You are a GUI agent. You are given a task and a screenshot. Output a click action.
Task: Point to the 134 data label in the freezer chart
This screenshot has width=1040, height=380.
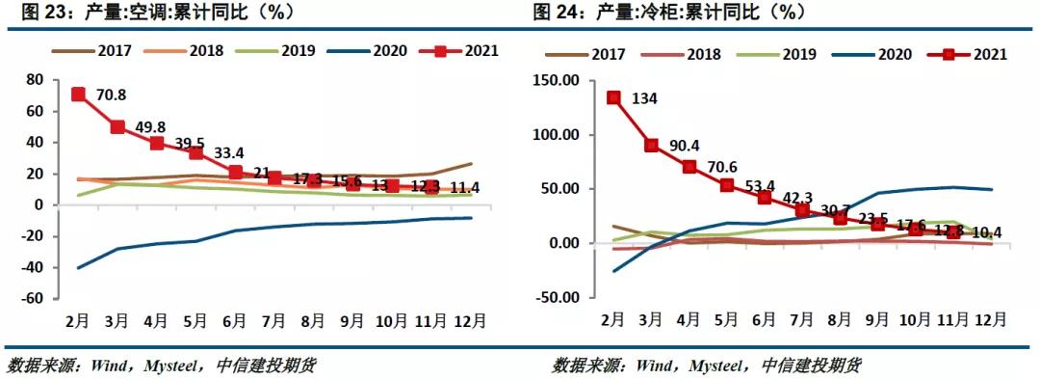pos(644,98)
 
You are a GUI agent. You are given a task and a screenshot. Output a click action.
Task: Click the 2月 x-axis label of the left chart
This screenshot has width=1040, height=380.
pos(78,319)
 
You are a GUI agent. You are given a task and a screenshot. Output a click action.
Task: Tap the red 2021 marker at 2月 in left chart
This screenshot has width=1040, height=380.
pos(78,95)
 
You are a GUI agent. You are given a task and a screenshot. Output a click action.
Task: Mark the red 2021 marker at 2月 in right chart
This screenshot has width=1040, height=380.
pos(613,97)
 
